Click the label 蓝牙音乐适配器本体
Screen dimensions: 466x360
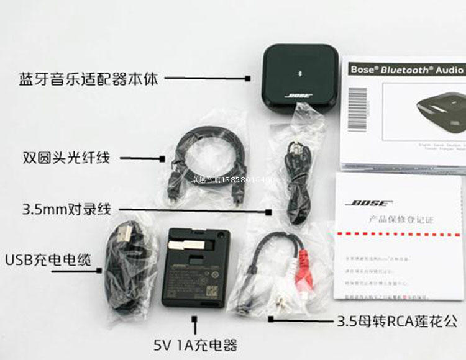pos(89,79)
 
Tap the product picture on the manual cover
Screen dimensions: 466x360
pos(439,112)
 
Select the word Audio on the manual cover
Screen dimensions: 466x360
pos(449,70)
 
